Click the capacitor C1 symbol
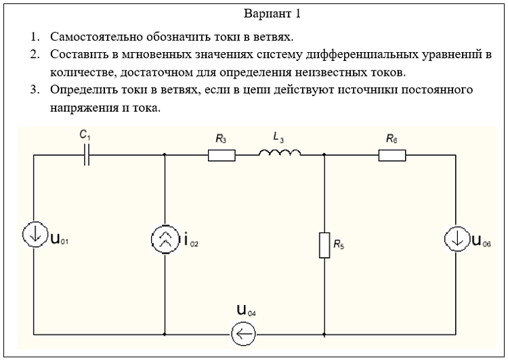[x=87, y=155]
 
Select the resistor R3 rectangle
[x=221, y=155]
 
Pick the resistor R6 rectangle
[x=391, y=155]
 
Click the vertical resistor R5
[x=324, y=245]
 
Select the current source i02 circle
[x=165, y=239]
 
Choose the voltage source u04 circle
[x=243, y=333]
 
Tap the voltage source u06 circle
[x=457, y=239]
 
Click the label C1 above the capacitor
[x=85, y=135]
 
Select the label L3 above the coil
[x=278, y=137]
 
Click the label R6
[x=391, y=138]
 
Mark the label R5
[x=339, y=245]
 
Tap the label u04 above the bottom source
[x=246, y=311]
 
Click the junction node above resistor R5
[x=324, y=155]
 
